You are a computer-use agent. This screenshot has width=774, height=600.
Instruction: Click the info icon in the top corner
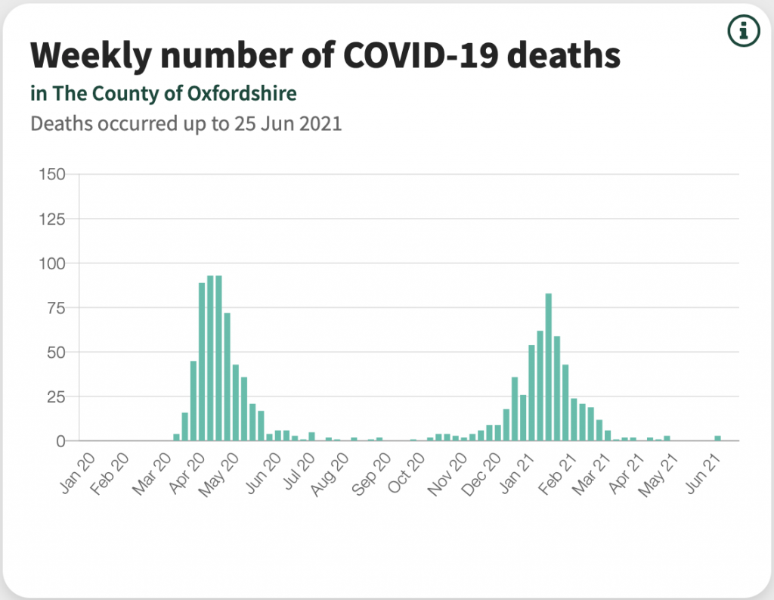pos(743,30)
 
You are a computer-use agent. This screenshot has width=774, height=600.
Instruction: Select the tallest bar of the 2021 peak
pos(549,367)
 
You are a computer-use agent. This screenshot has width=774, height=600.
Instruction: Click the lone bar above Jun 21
pos(717,438)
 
